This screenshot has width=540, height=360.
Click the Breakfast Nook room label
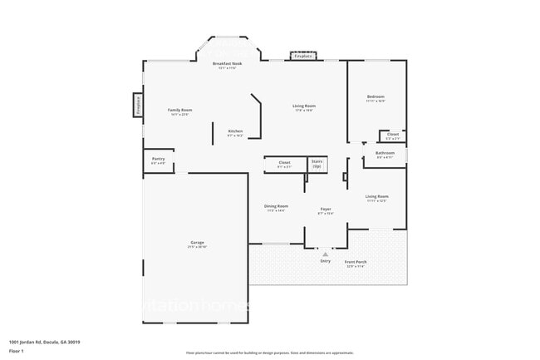(227, 64)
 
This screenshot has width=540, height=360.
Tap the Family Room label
(180, 111)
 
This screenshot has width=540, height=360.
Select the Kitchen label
(235, 131)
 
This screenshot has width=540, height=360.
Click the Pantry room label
(158, 160)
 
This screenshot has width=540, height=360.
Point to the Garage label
(197, 243)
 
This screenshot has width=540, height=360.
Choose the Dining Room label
(277, 206)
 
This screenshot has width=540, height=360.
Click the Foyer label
(326, 210)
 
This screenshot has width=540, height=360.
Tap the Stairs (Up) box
(317, 164)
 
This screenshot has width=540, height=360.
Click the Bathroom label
(385, 154)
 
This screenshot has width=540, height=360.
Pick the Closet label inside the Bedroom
(392, 135)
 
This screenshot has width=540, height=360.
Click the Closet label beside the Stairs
(284, 164)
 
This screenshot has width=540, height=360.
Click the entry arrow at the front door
(325, 254)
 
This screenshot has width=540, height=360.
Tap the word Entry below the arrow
(325, 261)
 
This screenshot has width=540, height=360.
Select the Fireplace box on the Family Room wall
(138, 105)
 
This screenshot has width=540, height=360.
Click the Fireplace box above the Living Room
(303, 56)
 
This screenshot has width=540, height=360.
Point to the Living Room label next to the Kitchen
(303, 106)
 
